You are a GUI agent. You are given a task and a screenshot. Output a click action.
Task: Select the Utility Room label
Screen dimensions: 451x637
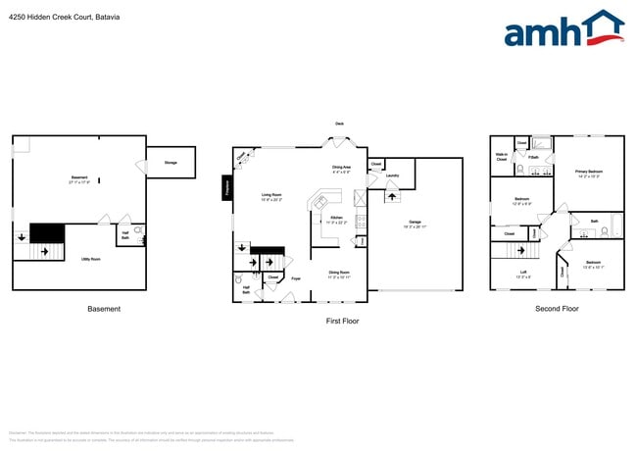[90, 259]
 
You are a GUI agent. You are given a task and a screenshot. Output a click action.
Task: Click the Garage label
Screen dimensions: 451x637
[415, 223]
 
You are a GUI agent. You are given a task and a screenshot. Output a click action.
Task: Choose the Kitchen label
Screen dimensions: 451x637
[336, 218]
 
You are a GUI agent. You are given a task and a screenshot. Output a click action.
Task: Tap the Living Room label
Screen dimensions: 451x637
[271, 195]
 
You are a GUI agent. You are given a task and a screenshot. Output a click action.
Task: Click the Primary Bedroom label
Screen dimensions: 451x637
[588, 173]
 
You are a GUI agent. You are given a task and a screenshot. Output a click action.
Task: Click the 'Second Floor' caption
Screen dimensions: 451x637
[557, 309]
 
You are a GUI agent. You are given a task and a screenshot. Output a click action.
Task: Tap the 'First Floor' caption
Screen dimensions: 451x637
[343, 321]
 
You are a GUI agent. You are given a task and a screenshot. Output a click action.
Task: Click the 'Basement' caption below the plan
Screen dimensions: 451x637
[104, 309]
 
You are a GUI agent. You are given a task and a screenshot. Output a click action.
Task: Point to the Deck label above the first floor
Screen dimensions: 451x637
[339, 124]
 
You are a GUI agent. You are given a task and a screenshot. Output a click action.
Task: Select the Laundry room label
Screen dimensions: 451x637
[392, 175]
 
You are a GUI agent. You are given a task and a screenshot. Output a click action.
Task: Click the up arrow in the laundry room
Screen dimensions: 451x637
[393, 196]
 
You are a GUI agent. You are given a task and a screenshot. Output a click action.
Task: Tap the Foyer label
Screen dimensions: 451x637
[295, 278]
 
